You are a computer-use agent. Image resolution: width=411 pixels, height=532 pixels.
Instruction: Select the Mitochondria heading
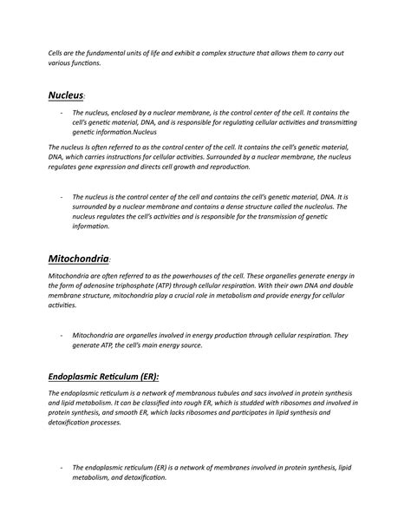(78, 259)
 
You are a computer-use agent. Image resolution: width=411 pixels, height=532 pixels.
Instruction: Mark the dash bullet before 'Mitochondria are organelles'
(61, 335)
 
